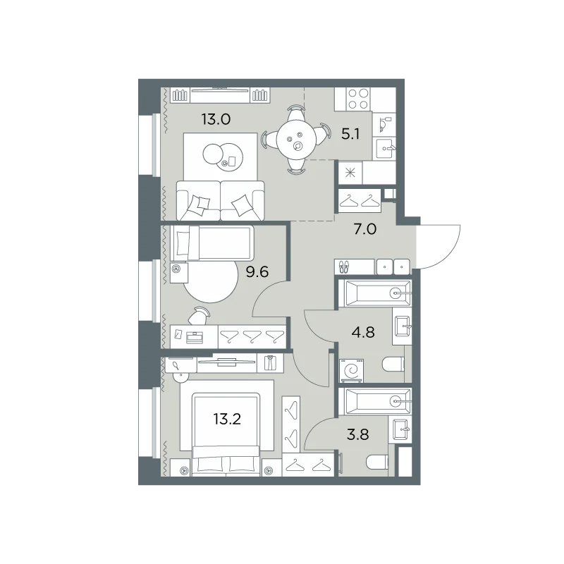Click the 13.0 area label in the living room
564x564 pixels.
(x=216, y=119)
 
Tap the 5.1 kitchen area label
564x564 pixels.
(x=350, y=135)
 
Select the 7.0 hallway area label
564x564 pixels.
(x=365, y=228)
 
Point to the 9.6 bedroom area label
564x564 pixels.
(x=257, y=272)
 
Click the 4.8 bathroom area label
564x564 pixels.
(x=363, y=332)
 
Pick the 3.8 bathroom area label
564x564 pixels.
(x=358, y=434)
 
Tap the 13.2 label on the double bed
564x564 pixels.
(x=227, y=419)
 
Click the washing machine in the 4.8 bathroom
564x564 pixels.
(x=351, y=371)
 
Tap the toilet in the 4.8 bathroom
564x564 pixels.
(x=393, y=364)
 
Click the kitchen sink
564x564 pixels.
(x=384, y=148)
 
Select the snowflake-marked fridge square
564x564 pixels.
(x=350, y=173)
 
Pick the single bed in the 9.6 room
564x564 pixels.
(x=212, y=243)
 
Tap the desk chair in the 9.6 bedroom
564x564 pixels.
(x=199, y=316)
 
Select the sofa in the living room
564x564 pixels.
(x=221, y=200)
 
